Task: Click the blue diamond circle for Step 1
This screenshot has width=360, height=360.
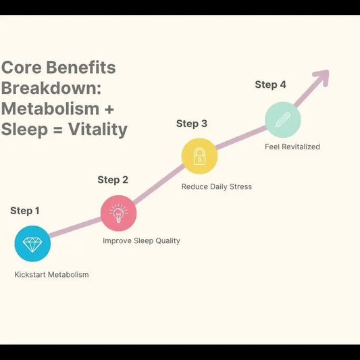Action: [x=32, y=243]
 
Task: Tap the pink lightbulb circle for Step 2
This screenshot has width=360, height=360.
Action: [x=118, y=213]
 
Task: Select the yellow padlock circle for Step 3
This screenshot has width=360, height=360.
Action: [x=199, y=156]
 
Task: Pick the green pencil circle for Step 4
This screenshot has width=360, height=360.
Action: [x=282, y=120]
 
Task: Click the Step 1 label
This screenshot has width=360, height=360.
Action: [x=25, y=211]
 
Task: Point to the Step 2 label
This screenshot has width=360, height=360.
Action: [x=113, y=180]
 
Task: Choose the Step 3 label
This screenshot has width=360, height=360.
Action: [x=192, y=124]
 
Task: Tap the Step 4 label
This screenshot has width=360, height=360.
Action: [x=270, y=84]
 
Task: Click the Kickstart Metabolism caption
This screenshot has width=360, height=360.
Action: [x=51, y=275]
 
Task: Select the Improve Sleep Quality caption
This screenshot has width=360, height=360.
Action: [x=141, y=240]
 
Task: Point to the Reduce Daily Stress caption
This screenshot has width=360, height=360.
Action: [x=216, y=186]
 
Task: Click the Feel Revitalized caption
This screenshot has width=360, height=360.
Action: [x=292, y=147]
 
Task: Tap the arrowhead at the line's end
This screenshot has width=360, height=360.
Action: [x=320, y=76]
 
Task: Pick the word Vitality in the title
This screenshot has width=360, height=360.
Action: [x=99, y=129]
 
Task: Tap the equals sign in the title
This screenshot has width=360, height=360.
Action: [x=59, y=129]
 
